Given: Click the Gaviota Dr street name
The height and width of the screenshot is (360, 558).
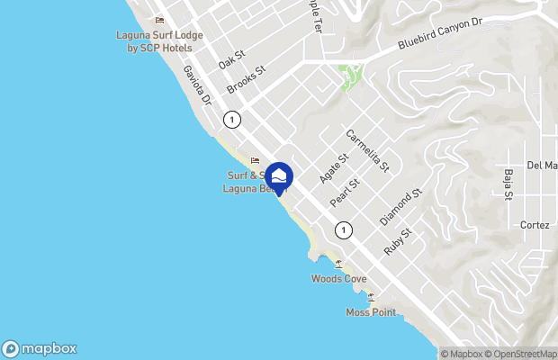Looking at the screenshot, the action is pos(196,85).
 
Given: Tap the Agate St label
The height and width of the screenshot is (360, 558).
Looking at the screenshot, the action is pos(326,167).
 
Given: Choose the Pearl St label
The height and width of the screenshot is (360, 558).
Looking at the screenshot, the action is pos(345,191).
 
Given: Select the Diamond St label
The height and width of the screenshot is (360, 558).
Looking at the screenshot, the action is pos(400,208).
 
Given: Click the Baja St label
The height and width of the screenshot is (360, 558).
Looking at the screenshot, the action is pos(508,184).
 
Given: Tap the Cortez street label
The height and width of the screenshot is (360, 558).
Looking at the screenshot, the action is pos(535,226).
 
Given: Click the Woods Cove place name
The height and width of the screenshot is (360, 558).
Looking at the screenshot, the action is pos(338,279).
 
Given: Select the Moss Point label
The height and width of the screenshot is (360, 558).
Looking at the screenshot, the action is pos(370,312).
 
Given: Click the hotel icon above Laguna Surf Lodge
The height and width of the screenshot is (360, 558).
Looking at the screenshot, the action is pos(160,20).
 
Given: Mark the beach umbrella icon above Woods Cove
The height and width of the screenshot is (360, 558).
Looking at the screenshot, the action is pos(338,264).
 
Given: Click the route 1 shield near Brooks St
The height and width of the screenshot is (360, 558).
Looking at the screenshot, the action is pos(233,120).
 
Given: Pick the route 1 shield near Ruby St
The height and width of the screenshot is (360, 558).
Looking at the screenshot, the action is pos(343,230).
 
